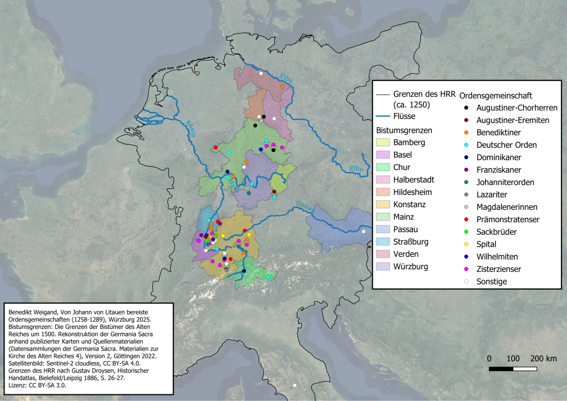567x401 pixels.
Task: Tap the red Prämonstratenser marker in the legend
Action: click(467, 219)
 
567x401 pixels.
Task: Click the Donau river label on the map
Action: click(306, 207)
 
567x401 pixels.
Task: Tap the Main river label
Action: click(232, 184)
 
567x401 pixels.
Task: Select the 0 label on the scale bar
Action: click(489, 358)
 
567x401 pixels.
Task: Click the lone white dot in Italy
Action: click(295, 385)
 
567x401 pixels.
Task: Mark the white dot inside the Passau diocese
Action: click(364, 232)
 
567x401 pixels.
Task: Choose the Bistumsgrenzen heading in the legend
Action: click(404, 130)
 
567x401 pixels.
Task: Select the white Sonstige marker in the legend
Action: click(467, 281)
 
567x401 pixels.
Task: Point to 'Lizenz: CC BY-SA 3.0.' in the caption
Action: click(38, 385)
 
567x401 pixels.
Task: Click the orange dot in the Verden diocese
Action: click(282, 87)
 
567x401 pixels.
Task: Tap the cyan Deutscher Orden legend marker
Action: click(467, 145)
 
